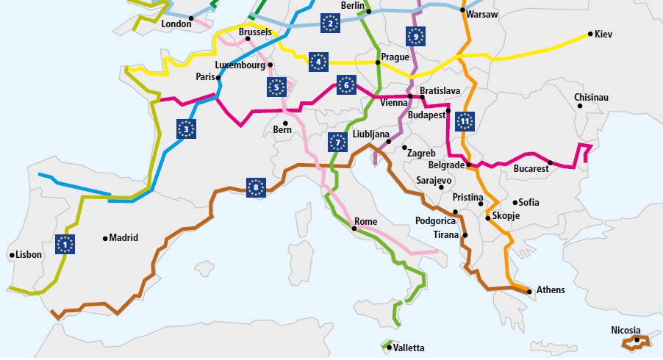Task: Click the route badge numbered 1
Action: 66,243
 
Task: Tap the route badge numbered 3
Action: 187,129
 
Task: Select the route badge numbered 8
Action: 256,187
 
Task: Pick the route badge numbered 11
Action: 464,120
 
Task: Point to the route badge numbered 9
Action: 415,36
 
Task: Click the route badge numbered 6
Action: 346,86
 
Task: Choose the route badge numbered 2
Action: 330,24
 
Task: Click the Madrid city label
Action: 123,237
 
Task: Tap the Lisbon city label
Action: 29,255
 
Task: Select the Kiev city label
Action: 603,34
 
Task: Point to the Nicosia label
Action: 626,330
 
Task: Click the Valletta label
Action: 409,348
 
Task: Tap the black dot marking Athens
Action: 530,291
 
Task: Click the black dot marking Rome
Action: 354,229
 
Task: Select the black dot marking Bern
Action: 284,122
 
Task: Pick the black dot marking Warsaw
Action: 463,10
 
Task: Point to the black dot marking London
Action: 191,18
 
